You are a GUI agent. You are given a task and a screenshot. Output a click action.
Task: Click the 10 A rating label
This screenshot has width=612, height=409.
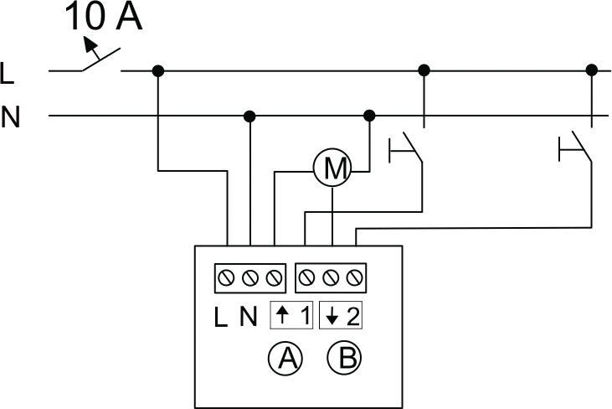click(x=103, y=17)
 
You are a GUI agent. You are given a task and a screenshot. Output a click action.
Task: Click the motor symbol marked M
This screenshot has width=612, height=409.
click(x=332, y=168)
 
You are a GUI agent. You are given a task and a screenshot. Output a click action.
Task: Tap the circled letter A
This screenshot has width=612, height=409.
click(x=285, y=358)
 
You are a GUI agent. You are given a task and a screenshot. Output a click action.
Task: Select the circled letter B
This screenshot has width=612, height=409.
click(x=345, y=358)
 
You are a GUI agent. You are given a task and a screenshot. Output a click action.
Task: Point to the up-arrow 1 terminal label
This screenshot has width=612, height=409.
click(x=291, y=315)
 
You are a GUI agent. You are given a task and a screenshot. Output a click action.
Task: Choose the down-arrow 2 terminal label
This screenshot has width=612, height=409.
click(x=341, y=315)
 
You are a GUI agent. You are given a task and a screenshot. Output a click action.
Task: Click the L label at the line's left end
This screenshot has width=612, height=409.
click(x=7, y=73)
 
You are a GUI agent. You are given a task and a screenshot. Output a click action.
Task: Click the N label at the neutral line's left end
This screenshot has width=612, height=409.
click(x=10, y=116)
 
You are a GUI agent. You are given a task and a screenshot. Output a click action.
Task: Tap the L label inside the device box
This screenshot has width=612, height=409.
click(x=221, y=317)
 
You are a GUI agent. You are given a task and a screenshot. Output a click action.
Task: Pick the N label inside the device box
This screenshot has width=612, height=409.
click(x=249, y=317)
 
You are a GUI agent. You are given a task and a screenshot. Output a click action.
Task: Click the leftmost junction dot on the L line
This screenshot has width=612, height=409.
click(x=158, y=70)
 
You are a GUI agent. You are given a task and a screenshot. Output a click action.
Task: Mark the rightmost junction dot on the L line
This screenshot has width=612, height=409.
click(x=592, y=70)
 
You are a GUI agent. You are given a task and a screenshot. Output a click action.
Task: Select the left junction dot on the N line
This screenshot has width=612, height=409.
click(x=249, y=116)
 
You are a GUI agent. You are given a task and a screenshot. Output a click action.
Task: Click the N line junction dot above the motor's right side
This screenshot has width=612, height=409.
click(x=369, y=116)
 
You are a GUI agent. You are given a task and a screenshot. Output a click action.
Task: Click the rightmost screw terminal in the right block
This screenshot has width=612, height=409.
click(x=354, y=278)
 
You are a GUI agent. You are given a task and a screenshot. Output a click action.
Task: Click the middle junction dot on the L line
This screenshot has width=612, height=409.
click(x=424, y=70)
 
